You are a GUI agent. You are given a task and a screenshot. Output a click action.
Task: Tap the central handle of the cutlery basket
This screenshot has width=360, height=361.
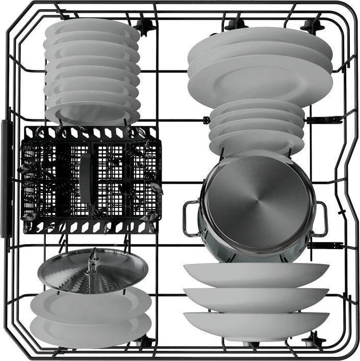[86, 179]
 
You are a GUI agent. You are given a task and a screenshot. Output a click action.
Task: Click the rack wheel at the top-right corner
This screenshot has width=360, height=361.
[312, 25]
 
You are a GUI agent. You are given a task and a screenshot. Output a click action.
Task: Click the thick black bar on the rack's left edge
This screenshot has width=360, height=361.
[7, 179]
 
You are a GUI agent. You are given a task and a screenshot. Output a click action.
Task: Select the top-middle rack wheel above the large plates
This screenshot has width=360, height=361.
[236, 23]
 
